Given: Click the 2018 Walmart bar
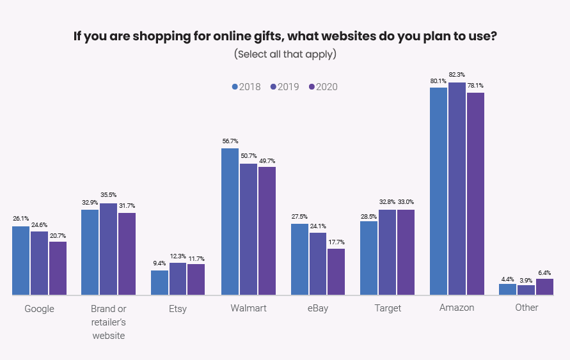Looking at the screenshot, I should (230, 221).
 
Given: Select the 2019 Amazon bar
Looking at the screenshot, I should (457, 189).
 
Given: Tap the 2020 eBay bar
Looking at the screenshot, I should (336, 272).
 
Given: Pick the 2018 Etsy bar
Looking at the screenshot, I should (159, 283).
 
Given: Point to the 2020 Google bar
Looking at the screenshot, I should (58, 269).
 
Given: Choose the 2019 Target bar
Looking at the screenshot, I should (387, 252).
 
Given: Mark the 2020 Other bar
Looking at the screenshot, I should (544, 287).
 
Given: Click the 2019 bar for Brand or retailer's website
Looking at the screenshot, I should (108, 249).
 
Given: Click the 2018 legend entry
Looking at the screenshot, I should (246, 87).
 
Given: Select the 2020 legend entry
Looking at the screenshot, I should (322, 87).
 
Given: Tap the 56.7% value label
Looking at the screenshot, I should (230, 141).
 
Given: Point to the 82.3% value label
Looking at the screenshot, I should (457, 75).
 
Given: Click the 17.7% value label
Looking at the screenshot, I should (336, 242).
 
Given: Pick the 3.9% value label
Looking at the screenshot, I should (526, 279).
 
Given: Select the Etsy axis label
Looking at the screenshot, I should (177, 308).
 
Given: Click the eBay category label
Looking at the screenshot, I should (317, 308).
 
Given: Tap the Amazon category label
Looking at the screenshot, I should (457, 308).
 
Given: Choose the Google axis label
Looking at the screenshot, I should (39, 309).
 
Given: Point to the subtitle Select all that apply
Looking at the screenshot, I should (285, 54).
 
